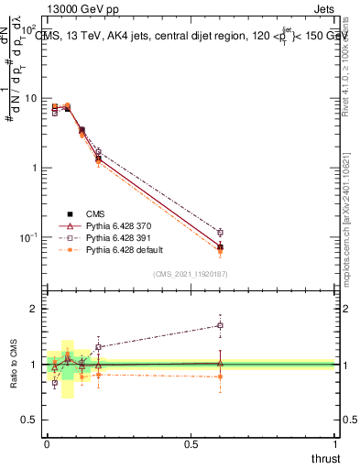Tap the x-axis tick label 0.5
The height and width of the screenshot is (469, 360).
tap(191, 444)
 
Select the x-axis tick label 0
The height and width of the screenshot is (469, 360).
tap(47, 444)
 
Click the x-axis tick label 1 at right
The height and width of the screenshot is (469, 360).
tap(335, 444)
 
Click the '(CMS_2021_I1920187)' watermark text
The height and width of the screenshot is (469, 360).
tap(190, 273)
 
